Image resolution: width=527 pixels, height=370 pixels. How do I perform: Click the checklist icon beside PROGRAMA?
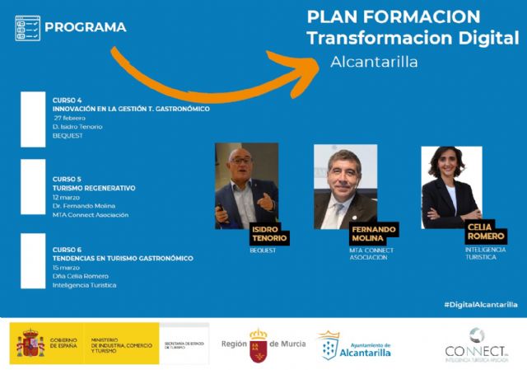coord(27,27)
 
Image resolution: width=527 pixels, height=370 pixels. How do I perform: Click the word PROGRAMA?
coord(86,27)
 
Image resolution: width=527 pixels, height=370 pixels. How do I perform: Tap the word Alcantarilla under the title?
coord(373,63)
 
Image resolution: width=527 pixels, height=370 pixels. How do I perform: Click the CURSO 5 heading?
coord(68,178)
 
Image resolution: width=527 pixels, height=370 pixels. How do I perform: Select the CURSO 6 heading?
coord(68,249)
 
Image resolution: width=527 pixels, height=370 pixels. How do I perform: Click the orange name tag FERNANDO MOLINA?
coord(373,233)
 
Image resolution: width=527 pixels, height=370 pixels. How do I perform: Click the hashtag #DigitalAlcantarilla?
coord(480,304)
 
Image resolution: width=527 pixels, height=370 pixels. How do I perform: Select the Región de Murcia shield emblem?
coord(259,344)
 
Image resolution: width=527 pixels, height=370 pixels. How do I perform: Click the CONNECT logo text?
coord(475,351)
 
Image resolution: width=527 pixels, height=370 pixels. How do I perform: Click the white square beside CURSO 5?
coord(33,187)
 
